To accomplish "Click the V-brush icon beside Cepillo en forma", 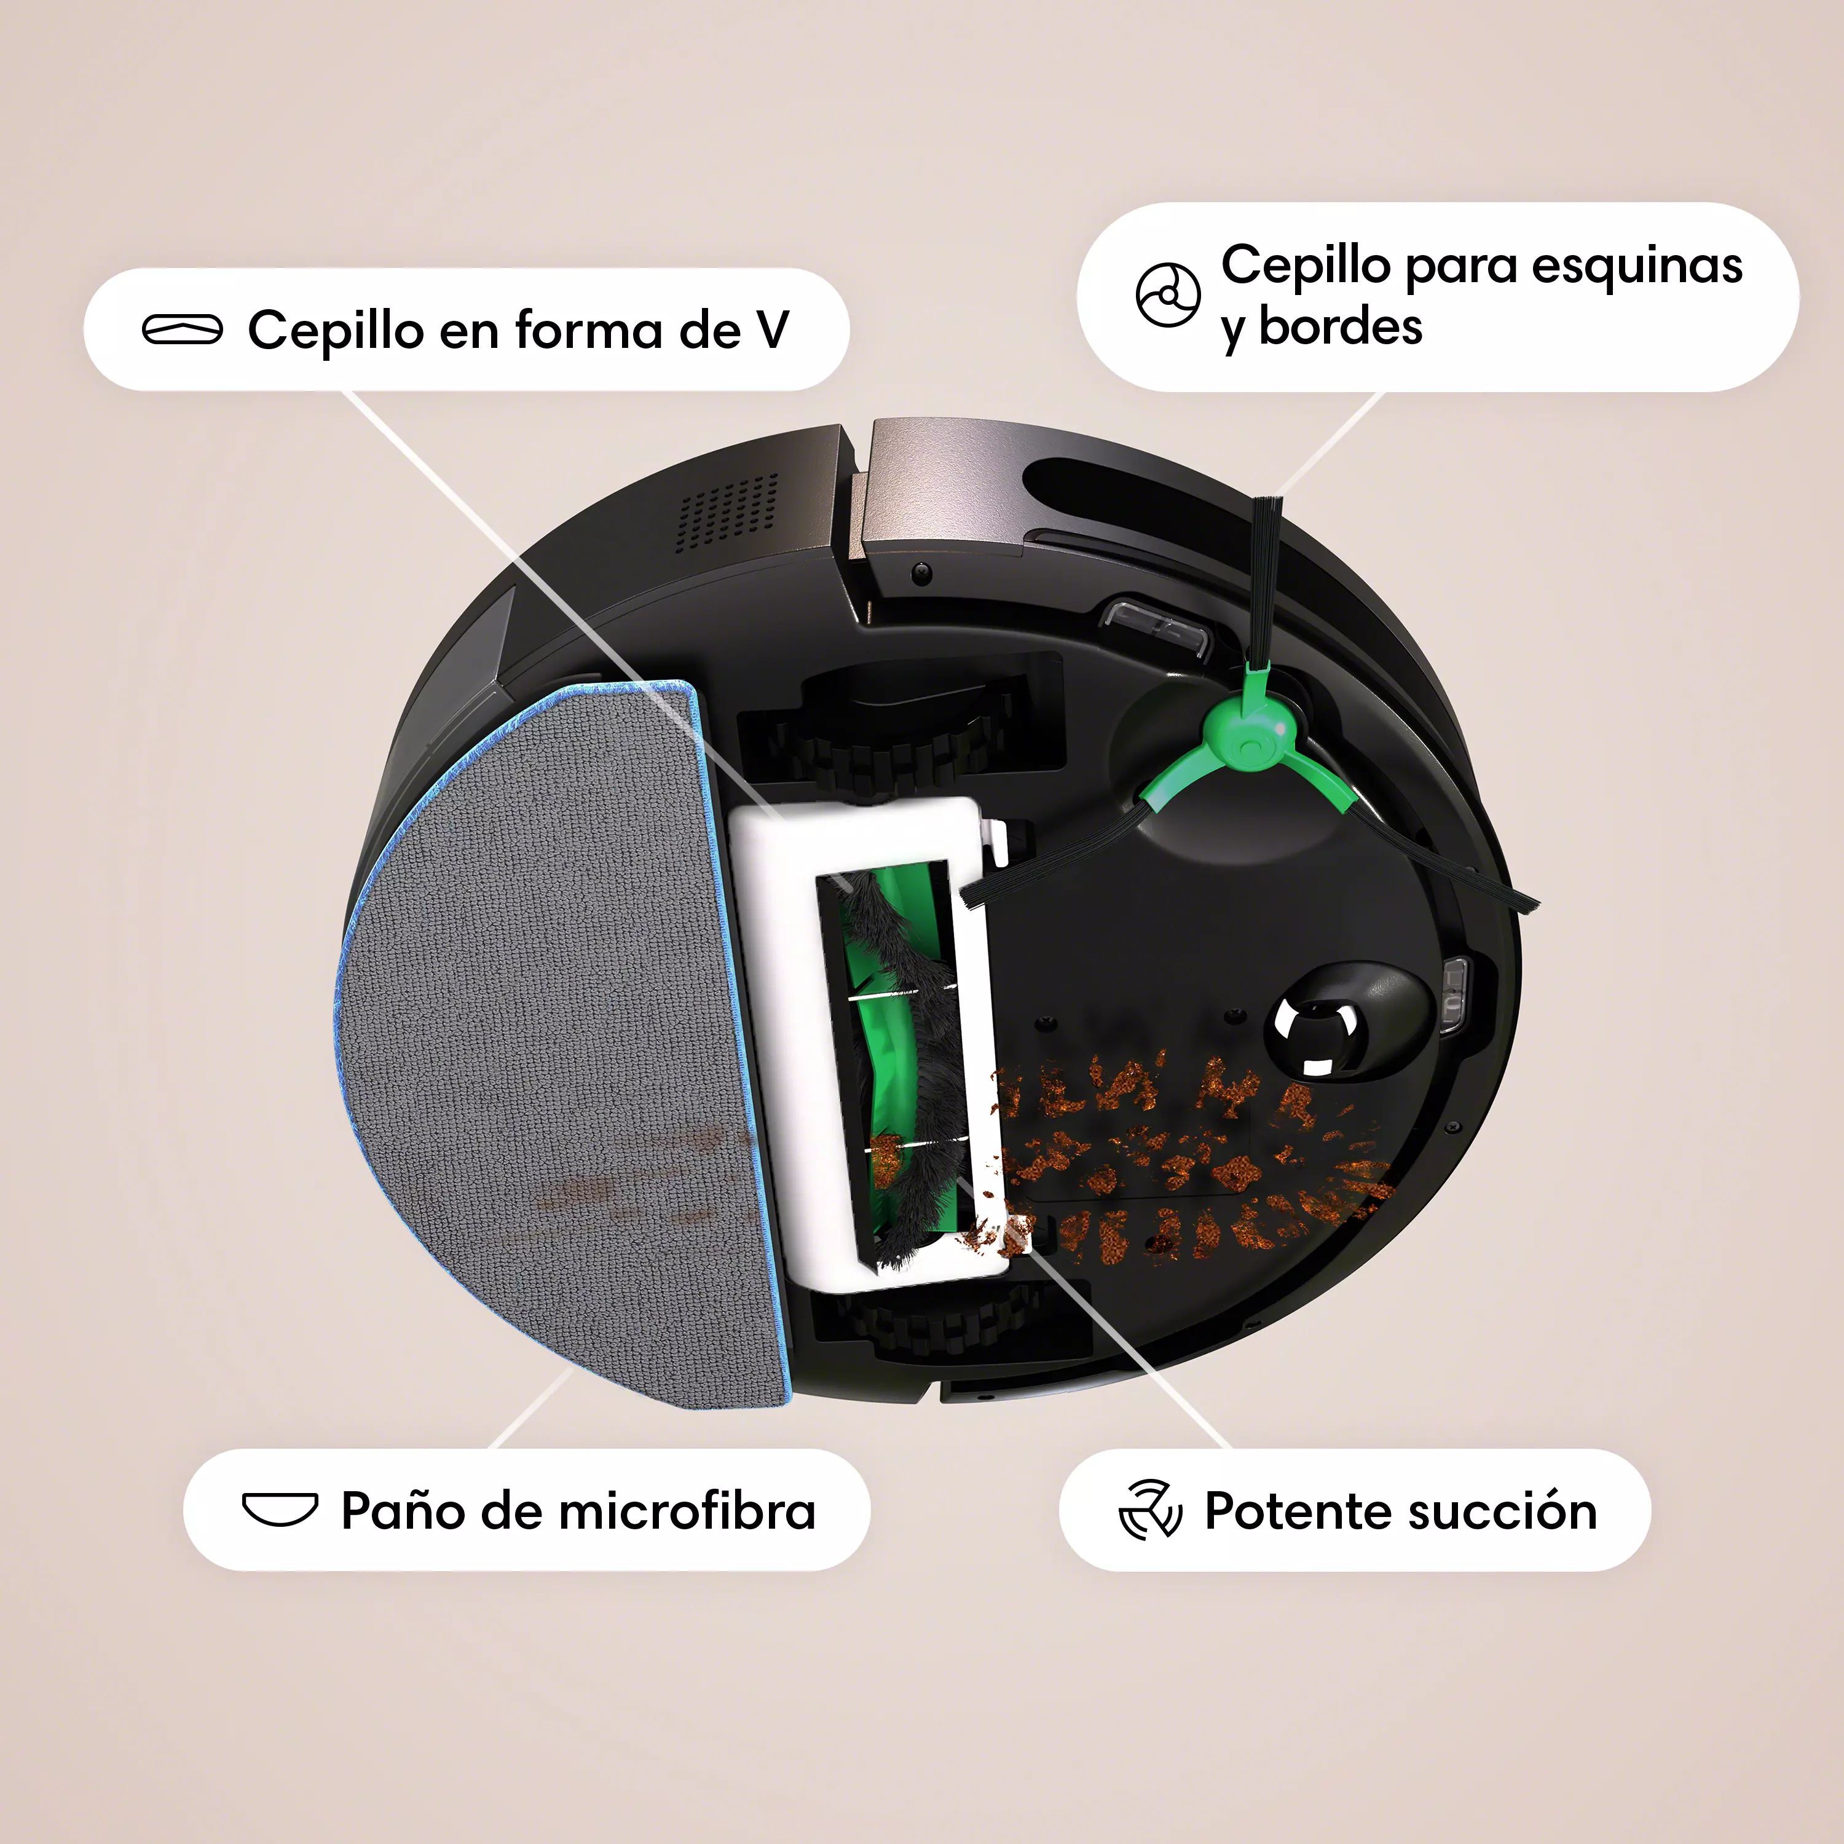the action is pyautogui.click(x=183, y=329).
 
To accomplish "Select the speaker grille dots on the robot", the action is pyautogui.click(x=727, y=513).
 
